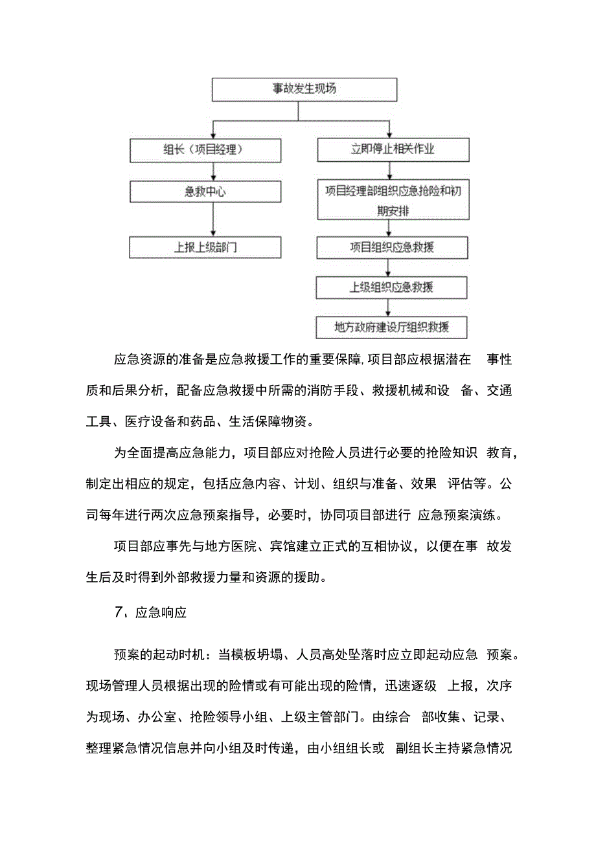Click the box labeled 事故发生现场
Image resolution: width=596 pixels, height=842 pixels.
(x=304, y=89)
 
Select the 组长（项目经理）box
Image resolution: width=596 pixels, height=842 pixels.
(x=205, y=150)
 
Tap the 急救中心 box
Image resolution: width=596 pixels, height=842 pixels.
(x=205, y=192)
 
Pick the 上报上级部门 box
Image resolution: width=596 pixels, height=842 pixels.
(x=205, y=247)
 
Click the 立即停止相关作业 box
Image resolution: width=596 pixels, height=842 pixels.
(x=393, y=150)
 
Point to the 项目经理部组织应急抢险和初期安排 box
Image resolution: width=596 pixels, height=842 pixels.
(x=393, y=201)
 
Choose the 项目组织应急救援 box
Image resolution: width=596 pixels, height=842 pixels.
(x=393, y=247)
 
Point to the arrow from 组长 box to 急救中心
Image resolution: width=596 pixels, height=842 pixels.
(x=213, y=172)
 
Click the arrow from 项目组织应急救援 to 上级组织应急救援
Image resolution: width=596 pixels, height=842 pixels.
(x=388, y=267)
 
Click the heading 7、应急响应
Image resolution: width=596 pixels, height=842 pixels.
(x=150, y=612)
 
